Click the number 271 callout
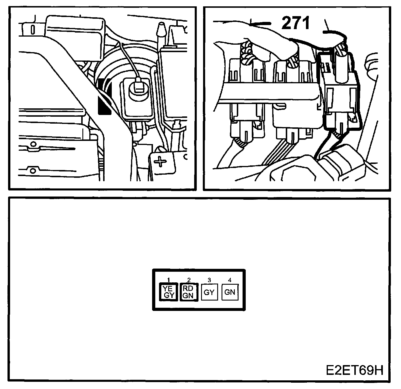296,23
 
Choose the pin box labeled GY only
209,292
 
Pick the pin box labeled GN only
230,292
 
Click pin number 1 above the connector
169,280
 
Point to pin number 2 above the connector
189,280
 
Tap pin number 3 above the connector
209,280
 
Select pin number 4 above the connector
230,280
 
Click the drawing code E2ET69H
355,371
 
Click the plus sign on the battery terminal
160,162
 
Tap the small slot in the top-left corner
33,30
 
